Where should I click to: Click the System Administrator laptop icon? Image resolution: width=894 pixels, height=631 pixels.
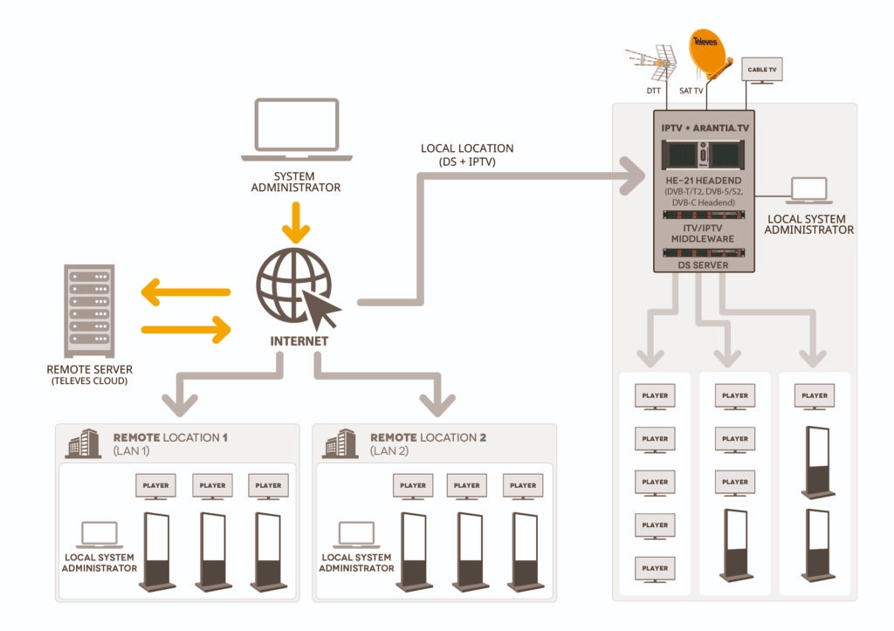point(296,129)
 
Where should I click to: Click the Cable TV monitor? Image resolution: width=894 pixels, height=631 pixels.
point(762,71)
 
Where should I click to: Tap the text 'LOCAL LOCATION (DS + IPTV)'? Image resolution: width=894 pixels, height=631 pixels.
point(467,154)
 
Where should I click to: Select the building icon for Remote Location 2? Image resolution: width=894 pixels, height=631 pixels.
point(340,443)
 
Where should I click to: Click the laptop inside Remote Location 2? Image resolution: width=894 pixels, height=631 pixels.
point(355,534)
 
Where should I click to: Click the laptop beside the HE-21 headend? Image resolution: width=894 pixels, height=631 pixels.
point(807,191)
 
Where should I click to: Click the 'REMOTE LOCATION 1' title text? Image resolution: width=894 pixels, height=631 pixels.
point(170,436)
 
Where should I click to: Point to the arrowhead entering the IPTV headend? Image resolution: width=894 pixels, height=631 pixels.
point(633,175)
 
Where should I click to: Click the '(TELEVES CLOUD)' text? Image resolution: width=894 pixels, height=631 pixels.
point(87,381)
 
